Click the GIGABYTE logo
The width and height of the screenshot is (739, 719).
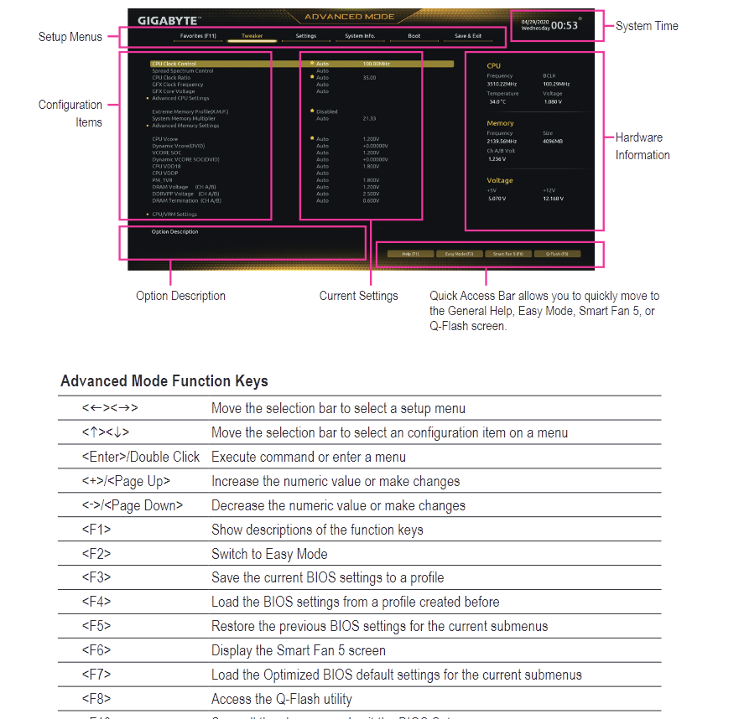point(169,19)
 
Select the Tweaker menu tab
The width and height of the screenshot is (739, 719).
point(252,36)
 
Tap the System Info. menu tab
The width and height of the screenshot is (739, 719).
point(360,36)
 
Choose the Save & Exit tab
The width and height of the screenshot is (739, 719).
point(468,36)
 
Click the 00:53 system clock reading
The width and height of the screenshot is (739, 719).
point(565,25)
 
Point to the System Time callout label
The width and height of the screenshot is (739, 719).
point(647,26)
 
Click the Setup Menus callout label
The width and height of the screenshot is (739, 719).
point(70,37)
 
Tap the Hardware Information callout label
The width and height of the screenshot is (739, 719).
point(642,146)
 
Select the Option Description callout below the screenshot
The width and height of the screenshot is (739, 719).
point(180,296)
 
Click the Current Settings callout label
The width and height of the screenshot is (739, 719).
point(358,296)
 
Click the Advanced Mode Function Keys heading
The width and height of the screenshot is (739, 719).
point(164,381)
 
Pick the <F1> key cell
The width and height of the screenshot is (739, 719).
point(96,530)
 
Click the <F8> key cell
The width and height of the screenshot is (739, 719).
point(96,699)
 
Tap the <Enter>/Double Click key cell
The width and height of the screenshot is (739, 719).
point(141,457)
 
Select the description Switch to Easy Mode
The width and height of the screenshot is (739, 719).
point(269,554)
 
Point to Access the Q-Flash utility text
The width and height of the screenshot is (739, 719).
point(282,699)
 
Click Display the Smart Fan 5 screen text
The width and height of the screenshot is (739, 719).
point(299,650)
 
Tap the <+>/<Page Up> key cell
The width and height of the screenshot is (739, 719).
point(126,481)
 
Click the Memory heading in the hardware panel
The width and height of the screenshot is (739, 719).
point(500,123)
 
